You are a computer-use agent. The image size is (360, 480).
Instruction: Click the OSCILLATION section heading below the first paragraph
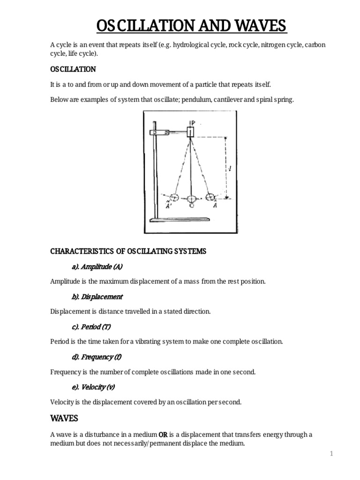[73, 69]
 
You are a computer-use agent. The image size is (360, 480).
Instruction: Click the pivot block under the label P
[189, 132]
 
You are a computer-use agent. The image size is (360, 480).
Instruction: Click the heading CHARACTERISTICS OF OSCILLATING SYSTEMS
[127, 251]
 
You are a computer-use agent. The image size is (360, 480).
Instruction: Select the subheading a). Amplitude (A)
[97, 267]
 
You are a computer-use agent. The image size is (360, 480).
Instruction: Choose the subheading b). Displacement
[97, 297]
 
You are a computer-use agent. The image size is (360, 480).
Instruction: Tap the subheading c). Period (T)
[91, 327]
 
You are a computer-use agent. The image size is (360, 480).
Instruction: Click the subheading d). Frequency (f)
[97, 357]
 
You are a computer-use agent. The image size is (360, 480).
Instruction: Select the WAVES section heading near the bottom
[64, 418]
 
